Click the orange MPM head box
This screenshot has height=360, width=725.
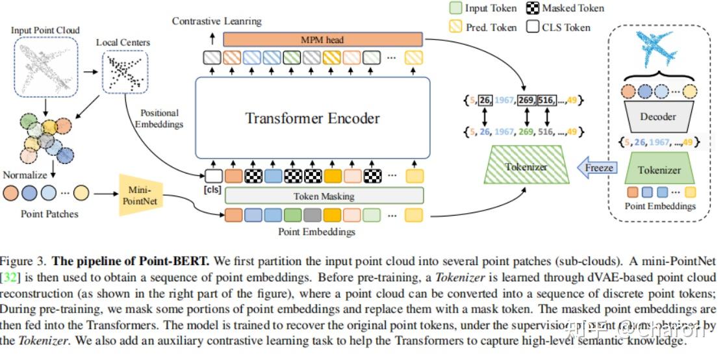323,40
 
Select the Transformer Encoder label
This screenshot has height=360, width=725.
312,118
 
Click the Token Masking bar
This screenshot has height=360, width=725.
324,196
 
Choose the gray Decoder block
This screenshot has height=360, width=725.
657,117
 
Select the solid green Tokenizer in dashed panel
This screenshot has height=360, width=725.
658,170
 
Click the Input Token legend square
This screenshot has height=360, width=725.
456,8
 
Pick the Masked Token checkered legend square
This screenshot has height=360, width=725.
533,8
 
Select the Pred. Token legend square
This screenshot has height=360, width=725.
456,27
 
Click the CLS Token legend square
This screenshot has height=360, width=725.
533,27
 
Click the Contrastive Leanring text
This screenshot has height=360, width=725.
216,21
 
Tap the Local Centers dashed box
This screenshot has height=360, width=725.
125,71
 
